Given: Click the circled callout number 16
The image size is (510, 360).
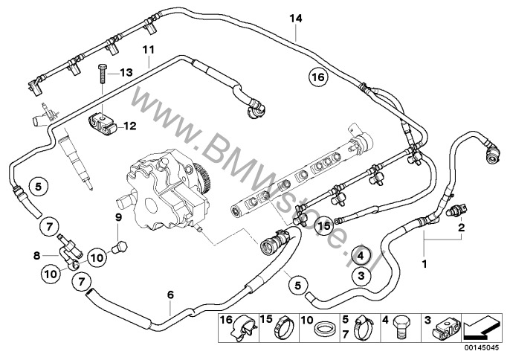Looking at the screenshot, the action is [318, 77].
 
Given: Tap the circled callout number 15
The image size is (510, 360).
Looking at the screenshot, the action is [324, 225].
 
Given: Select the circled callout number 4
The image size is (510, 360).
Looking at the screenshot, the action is [361, 256].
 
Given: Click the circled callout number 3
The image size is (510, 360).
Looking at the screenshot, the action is [361, 276].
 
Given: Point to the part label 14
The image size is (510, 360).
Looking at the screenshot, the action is [296, 19].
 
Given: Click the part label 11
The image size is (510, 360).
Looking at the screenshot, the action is [148, 50].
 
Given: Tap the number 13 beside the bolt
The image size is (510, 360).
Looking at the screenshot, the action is [126, 72].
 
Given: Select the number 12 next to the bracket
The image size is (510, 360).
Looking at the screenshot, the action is [130, 126].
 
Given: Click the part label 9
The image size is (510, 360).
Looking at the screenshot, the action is [118, 217].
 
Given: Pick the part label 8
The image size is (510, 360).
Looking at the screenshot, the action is [36, 256].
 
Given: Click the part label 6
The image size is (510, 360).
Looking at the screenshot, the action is [170, 295].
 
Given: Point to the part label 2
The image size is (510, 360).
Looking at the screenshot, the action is [462, 227].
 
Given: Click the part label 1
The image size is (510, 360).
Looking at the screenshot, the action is [424, 263].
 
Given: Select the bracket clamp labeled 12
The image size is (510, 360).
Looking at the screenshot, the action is [102, 126].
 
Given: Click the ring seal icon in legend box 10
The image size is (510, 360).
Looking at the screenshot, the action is [323, 329].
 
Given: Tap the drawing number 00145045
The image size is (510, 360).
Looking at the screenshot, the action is [481, 347].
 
